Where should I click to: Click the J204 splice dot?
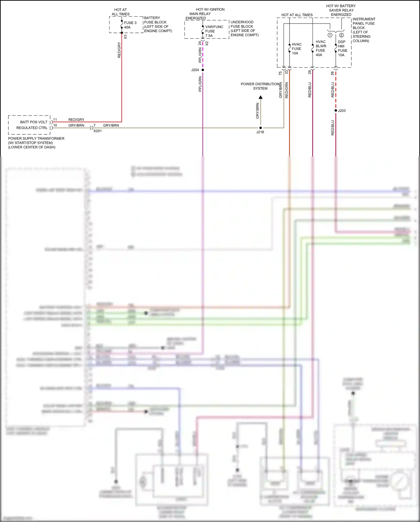click(x=203, y=70)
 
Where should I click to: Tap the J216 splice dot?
click(x=261, y=128)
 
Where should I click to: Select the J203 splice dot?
click(x=336, y=111)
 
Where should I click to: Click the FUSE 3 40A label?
click(x=130, y=25)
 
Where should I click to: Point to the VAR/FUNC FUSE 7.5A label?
click(x=214, y=31)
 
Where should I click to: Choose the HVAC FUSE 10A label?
click(x=297, y=49)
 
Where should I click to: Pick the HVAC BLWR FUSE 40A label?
click(x=321, y=48)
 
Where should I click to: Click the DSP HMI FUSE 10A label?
click(x=342, y=48)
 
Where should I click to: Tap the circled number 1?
click(x=330, y=35)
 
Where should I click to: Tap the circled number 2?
click(x=341, y=35)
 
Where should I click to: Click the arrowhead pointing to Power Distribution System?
click(x=261, y=97)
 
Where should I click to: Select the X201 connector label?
click(x=97, y=131)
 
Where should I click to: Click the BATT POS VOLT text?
click(x=34, y=122)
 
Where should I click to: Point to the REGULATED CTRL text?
click(x=32, y=128)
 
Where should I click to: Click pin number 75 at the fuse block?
click(x=280, y=73)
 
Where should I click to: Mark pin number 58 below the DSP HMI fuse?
click(x=332, y=73)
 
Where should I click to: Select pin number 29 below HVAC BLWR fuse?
click(x=309, y=72)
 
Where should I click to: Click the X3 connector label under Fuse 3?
click(x=125, y=37)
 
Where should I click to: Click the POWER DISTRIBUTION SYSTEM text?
click(x=260, y=86)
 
